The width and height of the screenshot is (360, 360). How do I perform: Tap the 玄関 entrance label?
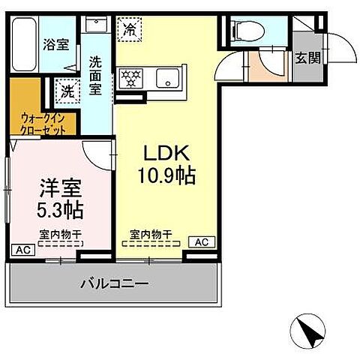pos(307,58)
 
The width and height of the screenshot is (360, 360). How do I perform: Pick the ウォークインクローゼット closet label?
pos(43,124)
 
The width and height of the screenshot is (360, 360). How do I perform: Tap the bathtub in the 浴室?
pos(25,45)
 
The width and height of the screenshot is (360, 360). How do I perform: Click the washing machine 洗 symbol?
pos(67,93)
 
